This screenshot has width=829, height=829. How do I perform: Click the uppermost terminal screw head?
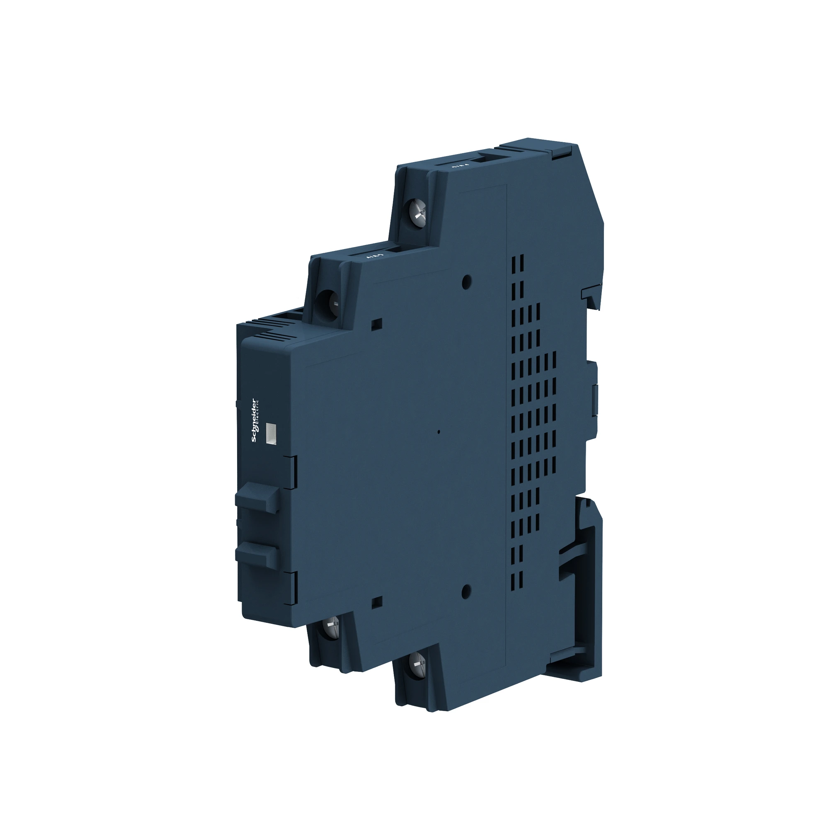[418, 210]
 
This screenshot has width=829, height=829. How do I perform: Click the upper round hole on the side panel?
[467, 281]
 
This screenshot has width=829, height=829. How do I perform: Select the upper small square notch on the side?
[376, 322]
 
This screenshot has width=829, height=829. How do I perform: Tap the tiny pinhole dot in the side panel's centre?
[439, 431]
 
